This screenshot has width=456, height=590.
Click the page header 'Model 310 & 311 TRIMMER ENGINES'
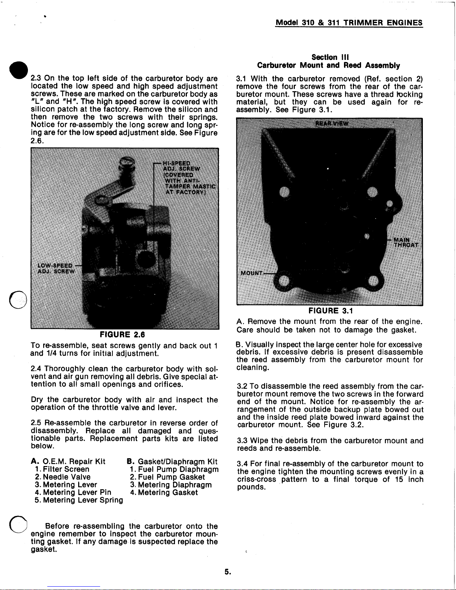(349, 22)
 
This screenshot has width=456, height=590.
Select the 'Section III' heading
(329, 57)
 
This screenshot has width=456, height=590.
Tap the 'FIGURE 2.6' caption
(124, 335)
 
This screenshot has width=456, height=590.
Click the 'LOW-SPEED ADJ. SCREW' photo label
(56, 268)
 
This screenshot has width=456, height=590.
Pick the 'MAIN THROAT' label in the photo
(406, 242)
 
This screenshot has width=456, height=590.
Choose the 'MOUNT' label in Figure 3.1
(251, 273)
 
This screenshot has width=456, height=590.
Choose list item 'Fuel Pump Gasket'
(167, 477)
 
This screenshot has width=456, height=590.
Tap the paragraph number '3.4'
(242, 464)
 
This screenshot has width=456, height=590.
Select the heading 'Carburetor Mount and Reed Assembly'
(329, 66)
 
